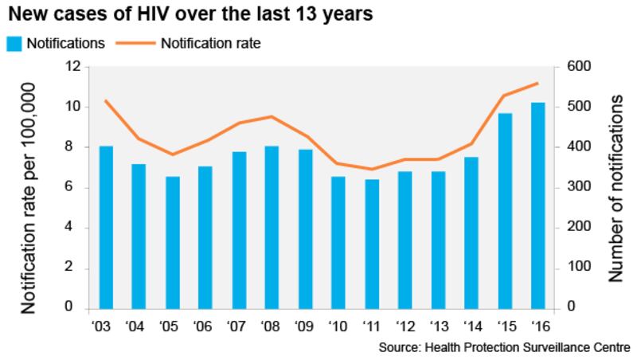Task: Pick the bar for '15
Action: click(x=505, y=210)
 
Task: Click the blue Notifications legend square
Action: click(x=15, y=43)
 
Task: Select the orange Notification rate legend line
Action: click(x=135, y=43)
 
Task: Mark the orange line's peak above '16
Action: click(x=537, y=83)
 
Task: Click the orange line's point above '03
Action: click(x=106, y=100)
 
